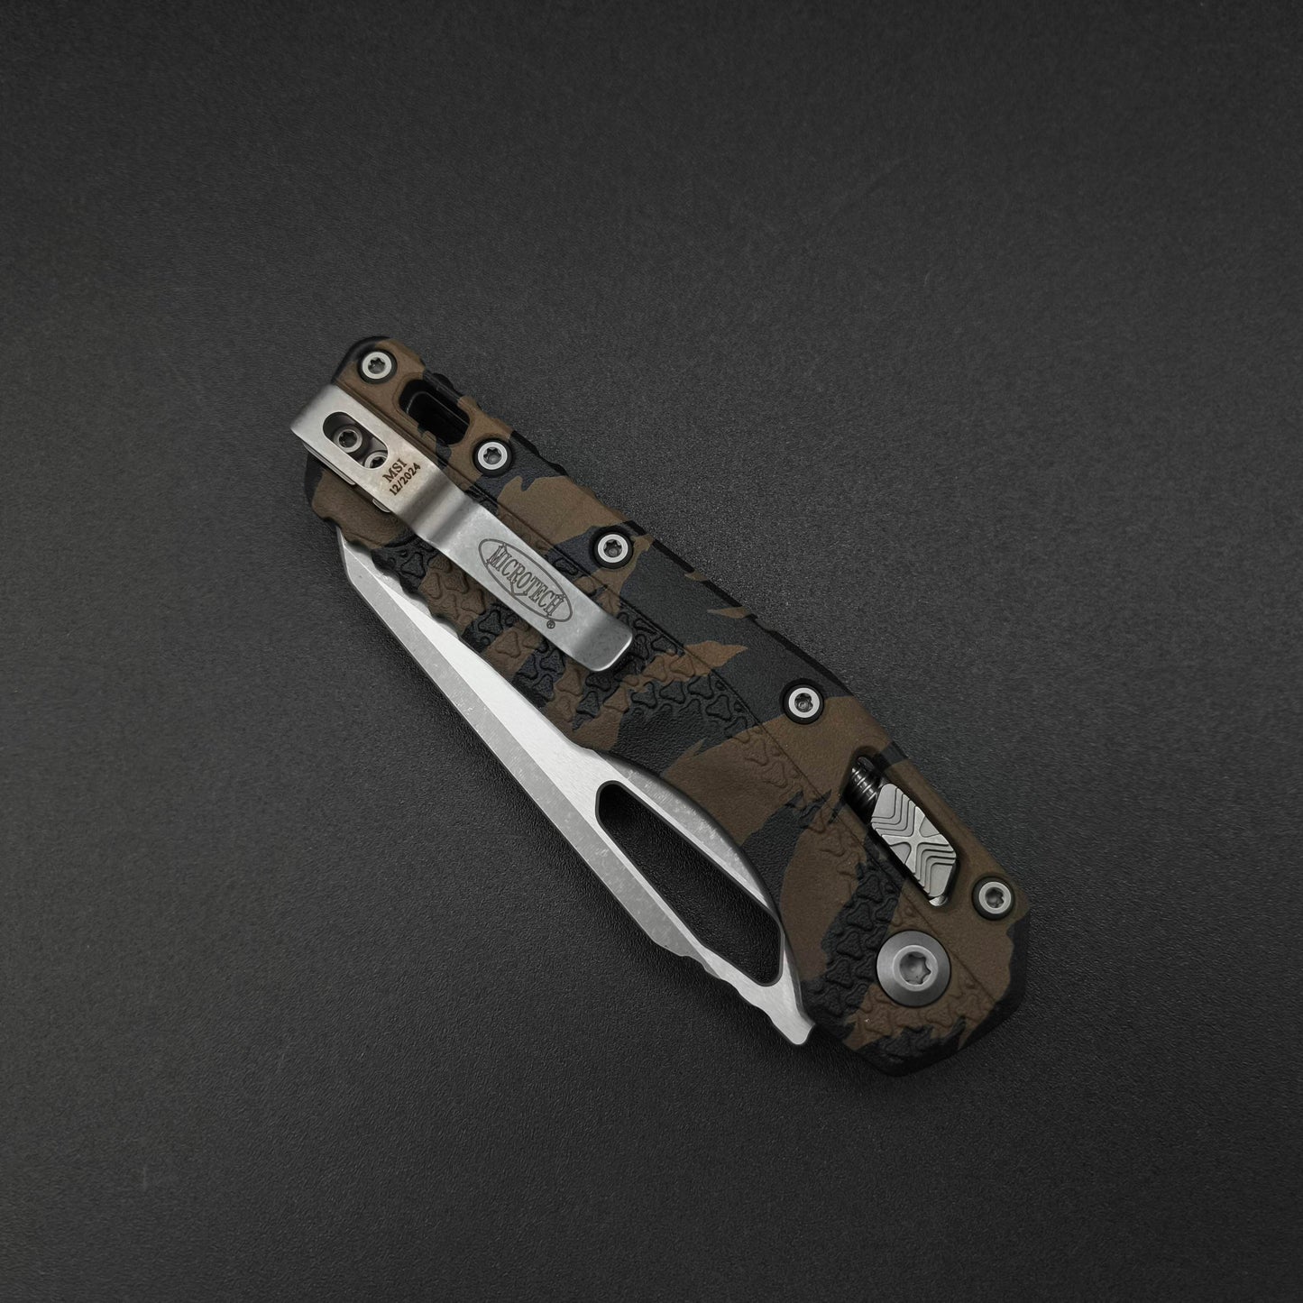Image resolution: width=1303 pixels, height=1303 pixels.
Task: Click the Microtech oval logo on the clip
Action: [x=520, y=580]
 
